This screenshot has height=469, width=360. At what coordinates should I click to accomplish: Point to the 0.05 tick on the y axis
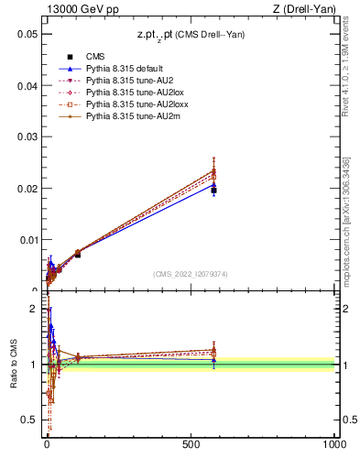[x=26, y=34]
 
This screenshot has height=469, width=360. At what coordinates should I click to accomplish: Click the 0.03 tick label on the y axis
[x=26, y=137]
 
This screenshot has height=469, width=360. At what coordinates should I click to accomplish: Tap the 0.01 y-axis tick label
[x=26, y=240]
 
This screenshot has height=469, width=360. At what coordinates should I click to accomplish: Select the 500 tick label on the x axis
[x=191, y=444]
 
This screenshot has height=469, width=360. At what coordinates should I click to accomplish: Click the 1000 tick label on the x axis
[x=333, y=444]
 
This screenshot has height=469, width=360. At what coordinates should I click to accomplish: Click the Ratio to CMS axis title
[x=14, y=364]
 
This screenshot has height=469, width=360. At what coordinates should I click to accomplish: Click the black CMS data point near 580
[x=213, y=191]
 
